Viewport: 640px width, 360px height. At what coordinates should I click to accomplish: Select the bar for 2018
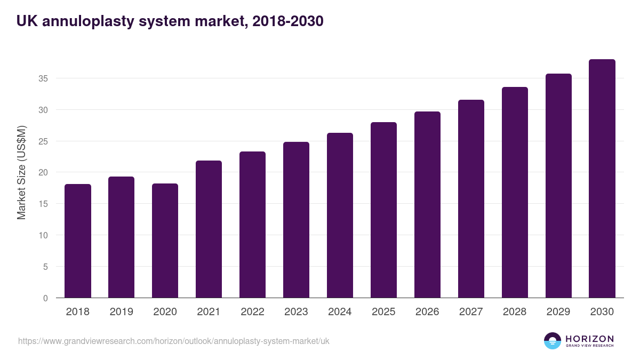(x=78, y=241)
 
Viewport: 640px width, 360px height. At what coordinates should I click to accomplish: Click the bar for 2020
(x=165, y=241)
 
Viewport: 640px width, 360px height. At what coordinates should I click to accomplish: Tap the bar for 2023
(x=297, y=220)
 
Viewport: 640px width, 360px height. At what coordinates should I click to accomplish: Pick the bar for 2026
(x=428, y=205)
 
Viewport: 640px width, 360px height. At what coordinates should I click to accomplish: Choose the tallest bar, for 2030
(x=602, y=179)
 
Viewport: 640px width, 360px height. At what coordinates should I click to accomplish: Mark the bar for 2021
(x=209, y=229)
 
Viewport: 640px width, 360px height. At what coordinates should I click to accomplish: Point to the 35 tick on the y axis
(x=43, y=79)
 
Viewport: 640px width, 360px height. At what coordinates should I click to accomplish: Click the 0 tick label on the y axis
(x=45, y=298)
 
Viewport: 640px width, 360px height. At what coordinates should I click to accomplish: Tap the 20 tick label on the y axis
(x=43, y=173)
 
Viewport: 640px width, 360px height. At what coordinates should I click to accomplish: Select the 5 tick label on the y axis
(x=45, y=267)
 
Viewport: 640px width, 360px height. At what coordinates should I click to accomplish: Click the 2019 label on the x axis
(x=122, y=312)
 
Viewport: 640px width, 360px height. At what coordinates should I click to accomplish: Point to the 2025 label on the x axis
(x=384, y=312)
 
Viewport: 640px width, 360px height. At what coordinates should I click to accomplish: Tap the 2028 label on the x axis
(x=515, y=312)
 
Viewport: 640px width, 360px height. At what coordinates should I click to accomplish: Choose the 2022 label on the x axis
(x=253, y=312)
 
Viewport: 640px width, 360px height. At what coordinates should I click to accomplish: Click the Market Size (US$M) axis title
(x=22, y=172)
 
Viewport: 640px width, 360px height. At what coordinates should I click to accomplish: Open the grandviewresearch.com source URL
(x=174, y=341)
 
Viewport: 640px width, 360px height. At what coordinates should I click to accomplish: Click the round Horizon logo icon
(x=553, y=341)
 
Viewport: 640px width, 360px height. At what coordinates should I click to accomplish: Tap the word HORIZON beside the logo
(x=589, y=339)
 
